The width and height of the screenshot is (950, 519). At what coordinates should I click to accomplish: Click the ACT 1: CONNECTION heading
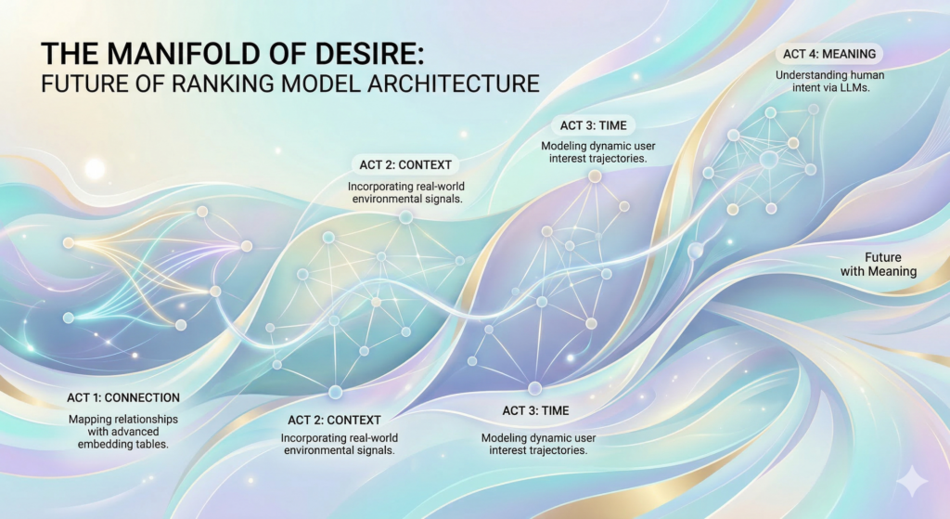123,397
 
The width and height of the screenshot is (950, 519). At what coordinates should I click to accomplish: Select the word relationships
148,419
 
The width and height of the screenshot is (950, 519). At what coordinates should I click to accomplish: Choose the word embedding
104,444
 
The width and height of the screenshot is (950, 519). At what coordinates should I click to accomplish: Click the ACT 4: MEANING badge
828,54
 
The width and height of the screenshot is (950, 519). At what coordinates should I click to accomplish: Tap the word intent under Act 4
806,87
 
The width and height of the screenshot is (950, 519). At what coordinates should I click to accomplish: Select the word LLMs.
855,87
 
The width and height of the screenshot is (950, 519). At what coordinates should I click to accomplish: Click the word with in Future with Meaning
853,271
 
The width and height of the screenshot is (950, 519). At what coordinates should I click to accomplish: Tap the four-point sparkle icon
911,483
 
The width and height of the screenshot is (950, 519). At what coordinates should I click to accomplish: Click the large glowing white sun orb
95,169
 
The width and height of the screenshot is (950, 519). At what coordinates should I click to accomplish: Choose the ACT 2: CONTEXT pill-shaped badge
405,165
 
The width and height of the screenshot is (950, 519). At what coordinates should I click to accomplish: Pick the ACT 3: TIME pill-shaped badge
593,125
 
